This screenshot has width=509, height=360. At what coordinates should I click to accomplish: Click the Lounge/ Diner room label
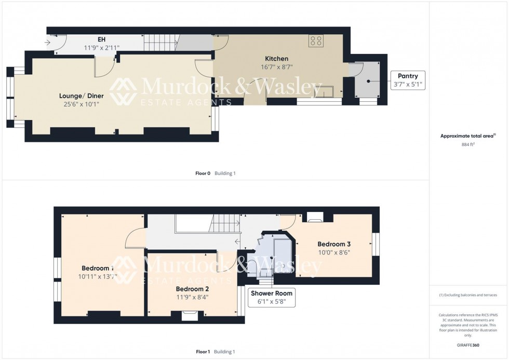81,96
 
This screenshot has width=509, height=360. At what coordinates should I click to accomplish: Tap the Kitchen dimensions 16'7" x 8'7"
276,67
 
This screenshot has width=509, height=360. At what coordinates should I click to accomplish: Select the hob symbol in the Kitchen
316,41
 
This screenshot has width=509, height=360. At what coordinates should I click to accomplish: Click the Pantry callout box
408,80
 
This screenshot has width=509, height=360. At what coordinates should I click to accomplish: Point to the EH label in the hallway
102,39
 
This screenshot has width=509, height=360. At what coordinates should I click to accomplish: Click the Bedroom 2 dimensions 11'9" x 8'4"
192,297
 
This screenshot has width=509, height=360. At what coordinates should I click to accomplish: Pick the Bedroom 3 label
334,244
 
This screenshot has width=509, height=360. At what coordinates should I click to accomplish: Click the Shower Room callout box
272,297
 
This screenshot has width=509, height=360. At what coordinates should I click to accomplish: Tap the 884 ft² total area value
468,145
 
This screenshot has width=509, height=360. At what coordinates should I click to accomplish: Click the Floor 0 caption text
203,173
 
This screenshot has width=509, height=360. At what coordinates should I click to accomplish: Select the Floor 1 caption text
203,352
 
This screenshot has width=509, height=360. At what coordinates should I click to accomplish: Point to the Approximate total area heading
468,136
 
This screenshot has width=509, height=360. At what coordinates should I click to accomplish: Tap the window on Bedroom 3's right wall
377,244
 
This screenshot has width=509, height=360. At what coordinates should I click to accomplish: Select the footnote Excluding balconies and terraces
468,295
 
